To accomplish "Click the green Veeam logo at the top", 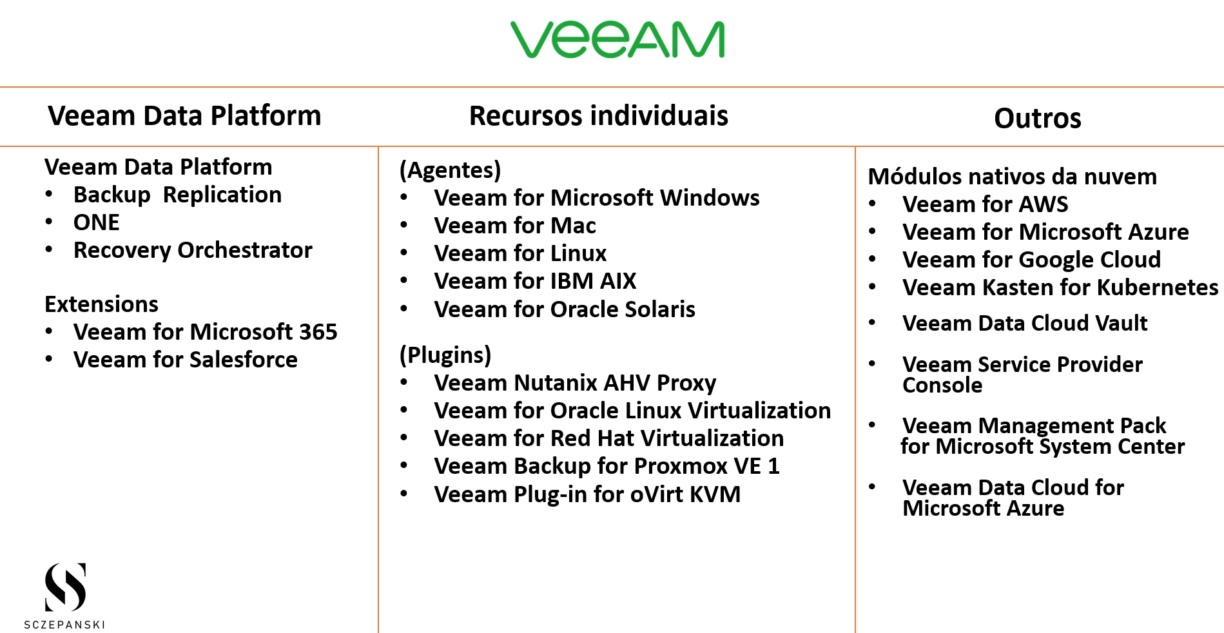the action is click(x=617, y=39).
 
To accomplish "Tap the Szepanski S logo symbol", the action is click(x=65, y=587).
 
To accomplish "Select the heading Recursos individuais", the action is click(x=599, y=116).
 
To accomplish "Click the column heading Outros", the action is click(x=1038, y=119).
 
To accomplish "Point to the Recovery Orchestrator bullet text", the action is click(x=193, y=250).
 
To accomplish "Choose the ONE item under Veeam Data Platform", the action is click(x=97, y=222).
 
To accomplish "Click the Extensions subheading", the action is click(x=101, y=304).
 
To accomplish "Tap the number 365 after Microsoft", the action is click(x=318, y=332).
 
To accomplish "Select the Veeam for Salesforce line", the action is click(x=186, y=360).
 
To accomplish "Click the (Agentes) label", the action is click(x=450, y=170).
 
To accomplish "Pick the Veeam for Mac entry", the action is click(x=515, y=226).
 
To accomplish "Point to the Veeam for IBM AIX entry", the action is click(x=535, y=281).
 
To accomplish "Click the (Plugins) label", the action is click(x=445, y=355).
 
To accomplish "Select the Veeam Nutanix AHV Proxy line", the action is click(x=575, y=383).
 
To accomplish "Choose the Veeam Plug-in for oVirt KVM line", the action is click(x=587, y=494).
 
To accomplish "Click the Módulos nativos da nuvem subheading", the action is click(x=1012, y=177).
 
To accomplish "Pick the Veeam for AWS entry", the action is click(x=985, y=204).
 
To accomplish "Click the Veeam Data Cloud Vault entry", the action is click(x=1025, y=323).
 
